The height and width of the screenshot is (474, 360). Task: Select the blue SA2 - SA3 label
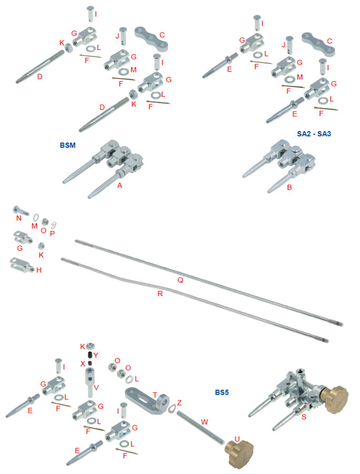(314, 134)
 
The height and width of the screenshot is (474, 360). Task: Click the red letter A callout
(119, 185)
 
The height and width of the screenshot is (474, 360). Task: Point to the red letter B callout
(289, 186)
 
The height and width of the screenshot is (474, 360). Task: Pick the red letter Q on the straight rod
(180, 280)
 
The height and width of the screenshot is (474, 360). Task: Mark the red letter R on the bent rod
(160, 293)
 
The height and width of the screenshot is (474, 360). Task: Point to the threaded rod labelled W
(200, 429)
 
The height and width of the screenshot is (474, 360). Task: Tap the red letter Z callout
(179, 402)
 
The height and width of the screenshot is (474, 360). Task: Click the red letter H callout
(39, 270)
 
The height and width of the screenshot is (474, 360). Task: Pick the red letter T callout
(155, 394)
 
